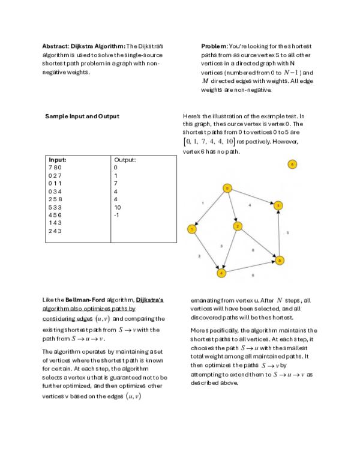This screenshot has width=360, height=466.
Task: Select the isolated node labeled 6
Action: tap(292, 163)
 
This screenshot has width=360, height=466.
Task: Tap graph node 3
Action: tap(278, 205)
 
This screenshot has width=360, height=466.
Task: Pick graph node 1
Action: tap(192, 229)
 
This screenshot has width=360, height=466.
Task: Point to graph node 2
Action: tap(238, 226)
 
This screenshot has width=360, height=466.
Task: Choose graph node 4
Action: tap(222, 273)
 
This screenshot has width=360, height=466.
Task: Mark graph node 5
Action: tap(280, 260)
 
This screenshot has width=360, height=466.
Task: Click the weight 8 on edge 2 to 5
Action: tap(253, 249)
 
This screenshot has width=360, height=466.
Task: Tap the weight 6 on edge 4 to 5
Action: tap(252, 274)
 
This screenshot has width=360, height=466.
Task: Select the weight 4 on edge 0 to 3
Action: tap(250, 205)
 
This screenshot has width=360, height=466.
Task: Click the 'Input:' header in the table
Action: tap(58, 160)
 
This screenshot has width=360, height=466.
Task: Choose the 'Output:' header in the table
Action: tap(125, 160)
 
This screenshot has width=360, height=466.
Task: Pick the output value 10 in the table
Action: tap(117, 207)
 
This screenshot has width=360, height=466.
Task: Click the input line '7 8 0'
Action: tap(55, 168)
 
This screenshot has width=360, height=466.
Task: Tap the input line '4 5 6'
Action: tap(55, 214)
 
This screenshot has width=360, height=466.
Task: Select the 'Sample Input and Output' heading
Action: tap(82, 116)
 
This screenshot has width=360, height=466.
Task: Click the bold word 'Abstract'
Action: tap(55, 46)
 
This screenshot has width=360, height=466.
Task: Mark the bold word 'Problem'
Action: tap(214, 46)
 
